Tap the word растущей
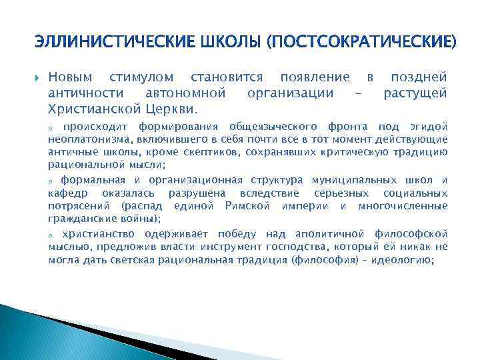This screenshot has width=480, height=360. coord(415,93)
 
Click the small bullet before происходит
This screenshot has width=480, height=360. coord(51,127)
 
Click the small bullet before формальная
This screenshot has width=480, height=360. coord(51,181)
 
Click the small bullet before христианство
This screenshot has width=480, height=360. coord(51,235)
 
